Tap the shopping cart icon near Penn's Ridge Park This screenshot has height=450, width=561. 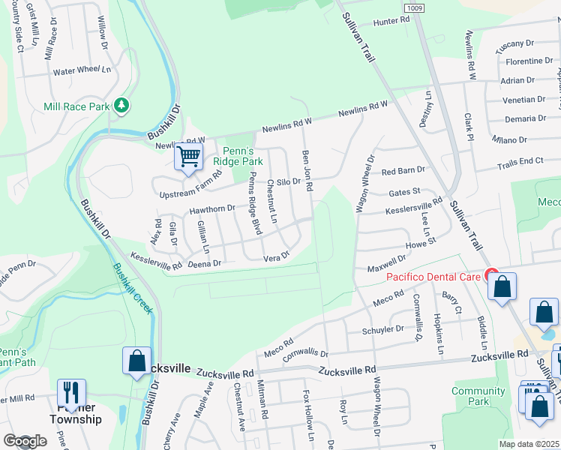pos(189,157)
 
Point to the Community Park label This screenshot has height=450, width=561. pos(478,396)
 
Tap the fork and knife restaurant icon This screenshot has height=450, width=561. pos(72,391)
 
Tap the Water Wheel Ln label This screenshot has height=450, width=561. pos(82,72)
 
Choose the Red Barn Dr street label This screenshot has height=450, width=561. pos(403,171)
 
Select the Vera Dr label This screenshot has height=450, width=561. pos(277,257)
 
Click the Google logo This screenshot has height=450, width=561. pos(25,442)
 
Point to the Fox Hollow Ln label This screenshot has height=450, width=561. pos(307,415)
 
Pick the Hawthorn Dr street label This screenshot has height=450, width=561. pos(212,209)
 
